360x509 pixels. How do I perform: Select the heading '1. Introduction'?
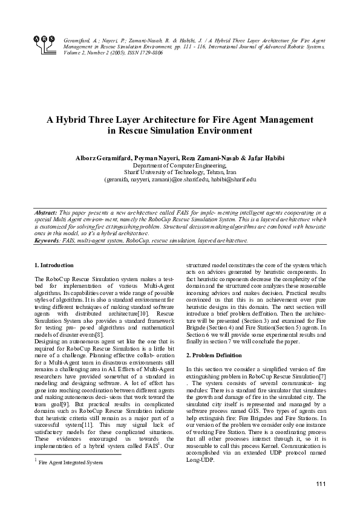pyautogui.click(x=54, y=265)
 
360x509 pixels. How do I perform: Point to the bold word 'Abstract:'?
pyautogui.click(x=45, y=213)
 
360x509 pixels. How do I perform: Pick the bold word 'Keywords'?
pyautogui.click(x=47, y=240)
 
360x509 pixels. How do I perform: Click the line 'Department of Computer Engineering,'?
pyautogui.click(x=179, y=165)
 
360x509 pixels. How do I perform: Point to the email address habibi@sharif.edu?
pyautogui.click(x=235, y=179)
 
